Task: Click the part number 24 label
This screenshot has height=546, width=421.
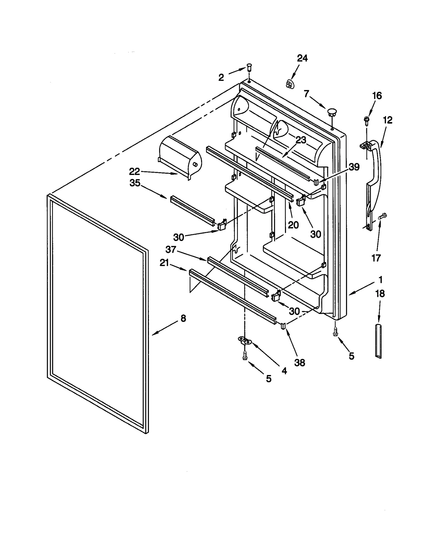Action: tap(302, 58)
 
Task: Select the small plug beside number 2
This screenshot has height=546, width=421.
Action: tap(249, 67)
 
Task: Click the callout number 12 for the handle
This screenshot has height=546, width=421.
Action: tap(387, 120)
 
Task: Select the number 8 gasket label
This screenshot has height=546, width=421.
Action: tap(183, 318)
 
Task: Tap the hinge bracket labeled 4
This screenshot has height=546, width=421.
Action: tap(245, 341)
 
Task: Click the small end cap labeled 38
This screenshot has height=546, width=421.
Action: tap(283, 326)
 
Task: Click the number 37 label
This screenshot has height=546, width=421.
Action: tap(171, 249)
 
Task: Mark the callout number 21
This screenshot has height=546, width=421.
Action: tap(164, 262)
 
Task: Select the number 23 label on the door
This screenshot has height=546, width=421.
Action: tap(301, 140)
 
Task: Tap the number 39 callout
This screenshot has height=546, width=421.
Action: tap(354, 167)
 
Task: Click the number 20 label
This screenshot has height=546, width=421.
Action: tap(293, 225)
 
